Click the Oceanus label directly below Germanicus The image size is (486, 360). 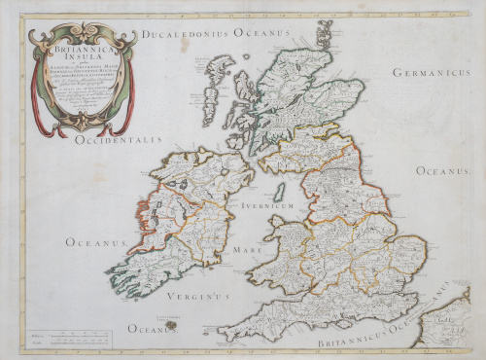coord(443,170)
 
